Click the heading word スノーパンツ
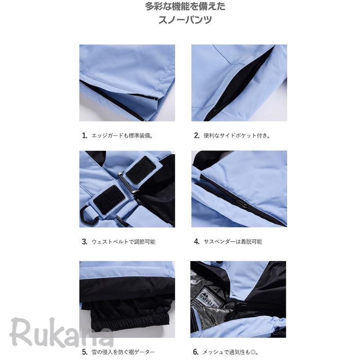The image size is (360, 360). tap(185, 20)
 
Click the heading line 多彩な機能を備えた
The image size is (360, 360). tap(185, 6)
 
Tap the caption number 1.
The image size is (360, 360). tap(85, 135)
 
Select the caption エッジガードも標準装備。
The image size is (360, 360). tap(122, 135)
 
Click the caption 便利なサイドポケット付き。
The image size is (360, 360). tap(237, 135)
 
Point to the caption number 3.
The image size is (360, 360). tap(85, 242)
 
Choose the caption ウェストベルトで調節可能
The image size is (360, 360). tap(123, 242)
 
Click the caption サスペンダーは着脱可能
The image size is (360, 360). tap(233, 242)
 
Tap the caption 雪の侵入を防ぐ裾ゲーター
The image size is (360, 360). tap(123, 352)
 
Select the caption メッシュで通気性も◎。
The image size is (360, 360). tap(230, 352)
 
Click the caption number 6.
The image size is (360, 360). tap(196, 352)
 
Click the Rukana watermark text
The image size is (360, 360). tap(62, 332)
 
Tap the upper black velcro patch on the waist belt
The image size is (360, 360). tap(140, 170)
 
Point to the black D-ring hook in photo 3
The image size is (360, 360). tap(89, 215)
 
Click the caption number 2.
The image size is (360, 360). tap(197, 135)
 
